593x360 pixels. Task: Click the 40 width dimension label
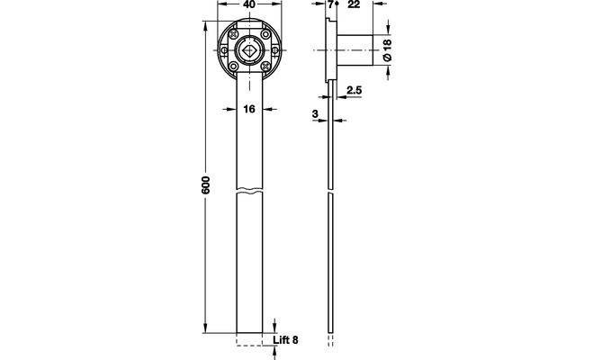point(249,4)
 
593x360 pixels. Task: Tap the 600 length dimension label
point(205,184)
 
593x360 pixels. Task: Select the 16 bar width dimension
point(249,109)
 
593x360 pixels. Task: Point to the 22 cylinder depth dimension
point(354,4)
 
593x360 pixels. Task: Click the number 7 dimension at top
point(331,4)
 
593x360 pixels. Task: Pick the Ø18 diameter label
point(387,49)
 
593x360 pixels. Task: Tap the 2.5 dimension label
point(355,90)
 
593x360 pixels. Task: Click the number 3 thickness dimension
point(315,113)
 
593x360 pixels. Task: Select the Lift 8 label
point(285,340)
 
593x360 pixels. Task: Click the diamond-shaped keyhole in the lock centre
point(249,50)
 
